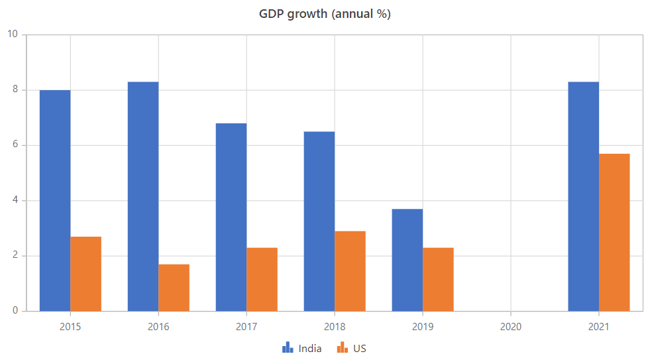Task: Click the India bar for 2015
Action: pyautogui.click(x=55, y=200)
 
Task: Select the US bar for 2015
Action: pyautogui.click(x=86, y=274)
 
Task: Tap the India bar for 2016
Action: pyautogui.click(x=143, y=196)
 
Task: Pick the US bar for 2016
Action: pyautogui.click(x=174, y=288)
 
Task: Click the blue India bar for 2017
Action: pyautogui.click(x=231, y=217)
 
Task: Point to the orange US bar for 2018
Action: pyautogui.click(x=350, y=271)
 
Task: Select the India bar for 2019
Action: pyautogui.click(x=407, y=260)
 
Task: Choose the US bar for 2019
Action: pyautogui.click(x=438, y=279)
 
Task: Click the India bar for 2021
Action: pyautogui.click(x=584, y=196)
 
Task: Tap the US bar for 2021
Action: pyautogui.click(x=614, y=232)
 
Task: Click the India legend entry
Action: pyautogui.click(x=302, y=348)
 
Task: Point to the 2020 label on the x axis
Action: pyautogui.click(x=511, y=327)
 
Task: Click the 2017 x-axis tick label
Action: pyautogui.click(x=246, y=327)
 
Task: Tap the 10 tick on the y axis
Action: pyautogui.click(x=13, y=34)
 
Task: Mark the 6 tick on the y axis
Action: pyautogui.click(x=15, y=145)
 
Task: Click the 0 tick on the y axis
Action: pyautogui.click(x=15, y=311)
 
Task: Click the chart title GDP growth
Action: pyautogui.click(x=325, y=14)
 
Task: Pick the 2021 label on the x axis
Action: pyautogui.click(x=599, y=327)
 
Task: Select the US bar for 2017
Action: pyautogui.click(x=262, y=279)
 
